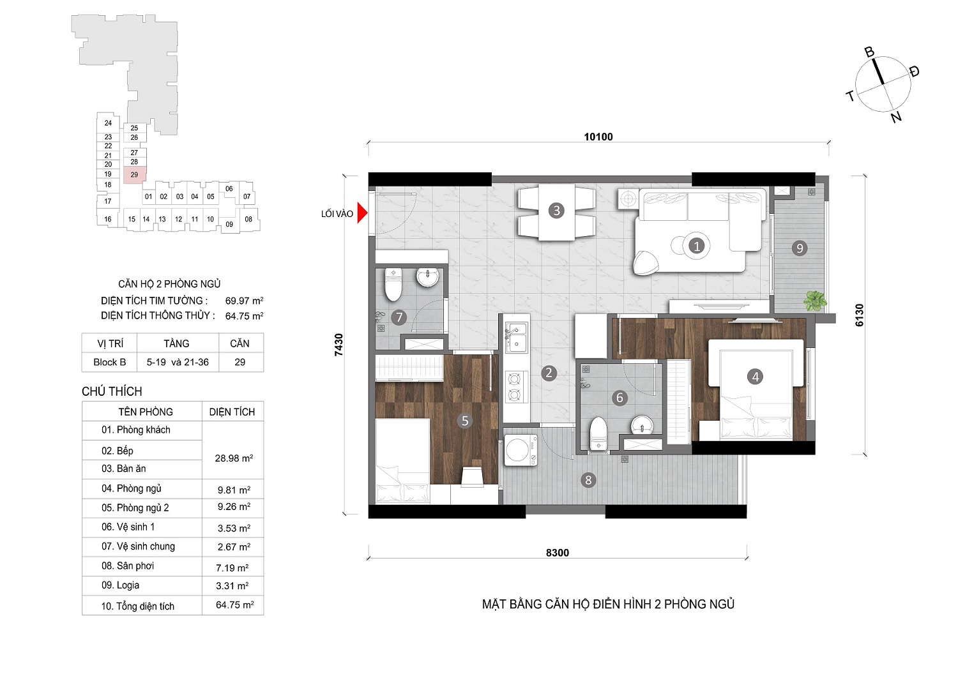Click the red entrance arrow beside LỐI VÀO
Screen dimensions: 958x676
362,213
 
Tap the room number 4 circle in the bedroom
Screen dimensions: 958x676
755,377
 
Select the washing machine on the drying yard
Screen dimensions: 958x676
521,450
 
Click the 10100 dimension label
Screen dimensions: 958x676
598,137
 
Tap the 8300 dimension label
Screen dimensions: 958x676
558,553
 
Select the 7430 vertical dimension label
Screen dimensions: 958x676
338,345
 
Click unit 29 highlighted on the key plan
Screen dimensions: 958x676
135,175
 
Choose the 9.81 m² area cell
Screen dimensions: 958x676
234,490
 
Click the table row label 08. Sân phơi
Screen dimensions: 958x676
128,566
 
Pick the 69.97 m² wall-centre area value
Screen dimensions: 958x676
244,301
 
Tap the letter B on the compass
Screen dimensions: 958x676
869,52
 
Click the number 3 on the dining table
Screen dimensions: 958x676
556,211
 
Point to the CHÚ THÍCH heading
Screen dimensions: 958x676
112,391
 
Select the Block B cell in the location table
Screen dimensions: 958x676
109,362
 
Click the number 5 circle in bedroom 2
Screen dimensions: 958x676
465,421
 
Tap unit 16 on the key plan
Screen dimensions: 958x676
108,220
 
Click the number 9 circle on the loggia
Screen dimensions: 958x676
800,248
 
